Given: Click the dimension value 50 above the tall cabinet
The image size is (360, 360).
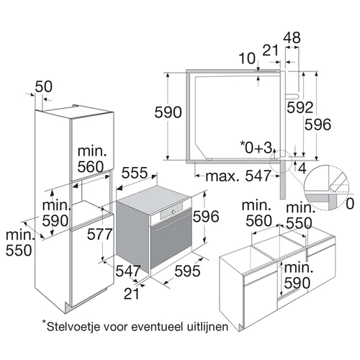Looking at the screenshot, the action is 44,86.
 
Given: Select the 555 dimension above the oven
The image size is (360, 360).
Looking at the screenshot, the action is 135,173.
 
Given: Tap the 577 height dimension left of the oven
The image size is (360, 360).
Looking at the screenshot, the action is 99,234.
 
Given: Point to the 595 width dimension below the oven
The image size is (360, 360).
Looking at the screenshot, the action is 187,271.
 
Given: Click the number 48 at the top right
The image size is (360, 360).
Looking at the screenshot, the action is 292,37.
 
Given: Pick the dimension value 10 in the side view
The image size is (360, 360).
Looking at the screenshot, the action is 247,58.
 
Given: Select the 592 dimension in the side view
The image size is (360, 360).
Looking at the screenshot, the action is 300,107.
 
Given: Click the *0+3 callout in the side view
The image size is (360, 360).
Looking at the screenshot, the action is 256,147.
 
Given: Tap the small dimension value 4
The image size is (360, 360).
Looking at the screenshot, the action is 302,168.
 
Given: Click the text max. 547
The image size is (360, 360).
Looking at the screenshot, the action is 238,176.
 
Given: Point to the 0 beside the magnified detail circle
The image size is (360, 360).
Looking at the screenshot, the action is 350,204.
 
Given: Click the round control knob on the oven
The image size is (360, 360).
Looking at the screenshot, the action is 173,212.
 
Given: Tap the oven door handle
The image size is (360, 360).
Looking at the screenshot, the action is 172,222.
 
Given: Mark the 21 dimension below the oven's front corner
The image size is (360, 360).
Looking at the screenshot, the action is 132,293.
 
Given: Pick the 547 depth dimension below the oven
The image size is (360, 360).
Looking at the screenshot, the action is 128,271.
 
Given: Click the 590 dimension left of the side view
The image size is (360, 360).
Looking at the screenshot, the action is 168,112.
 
